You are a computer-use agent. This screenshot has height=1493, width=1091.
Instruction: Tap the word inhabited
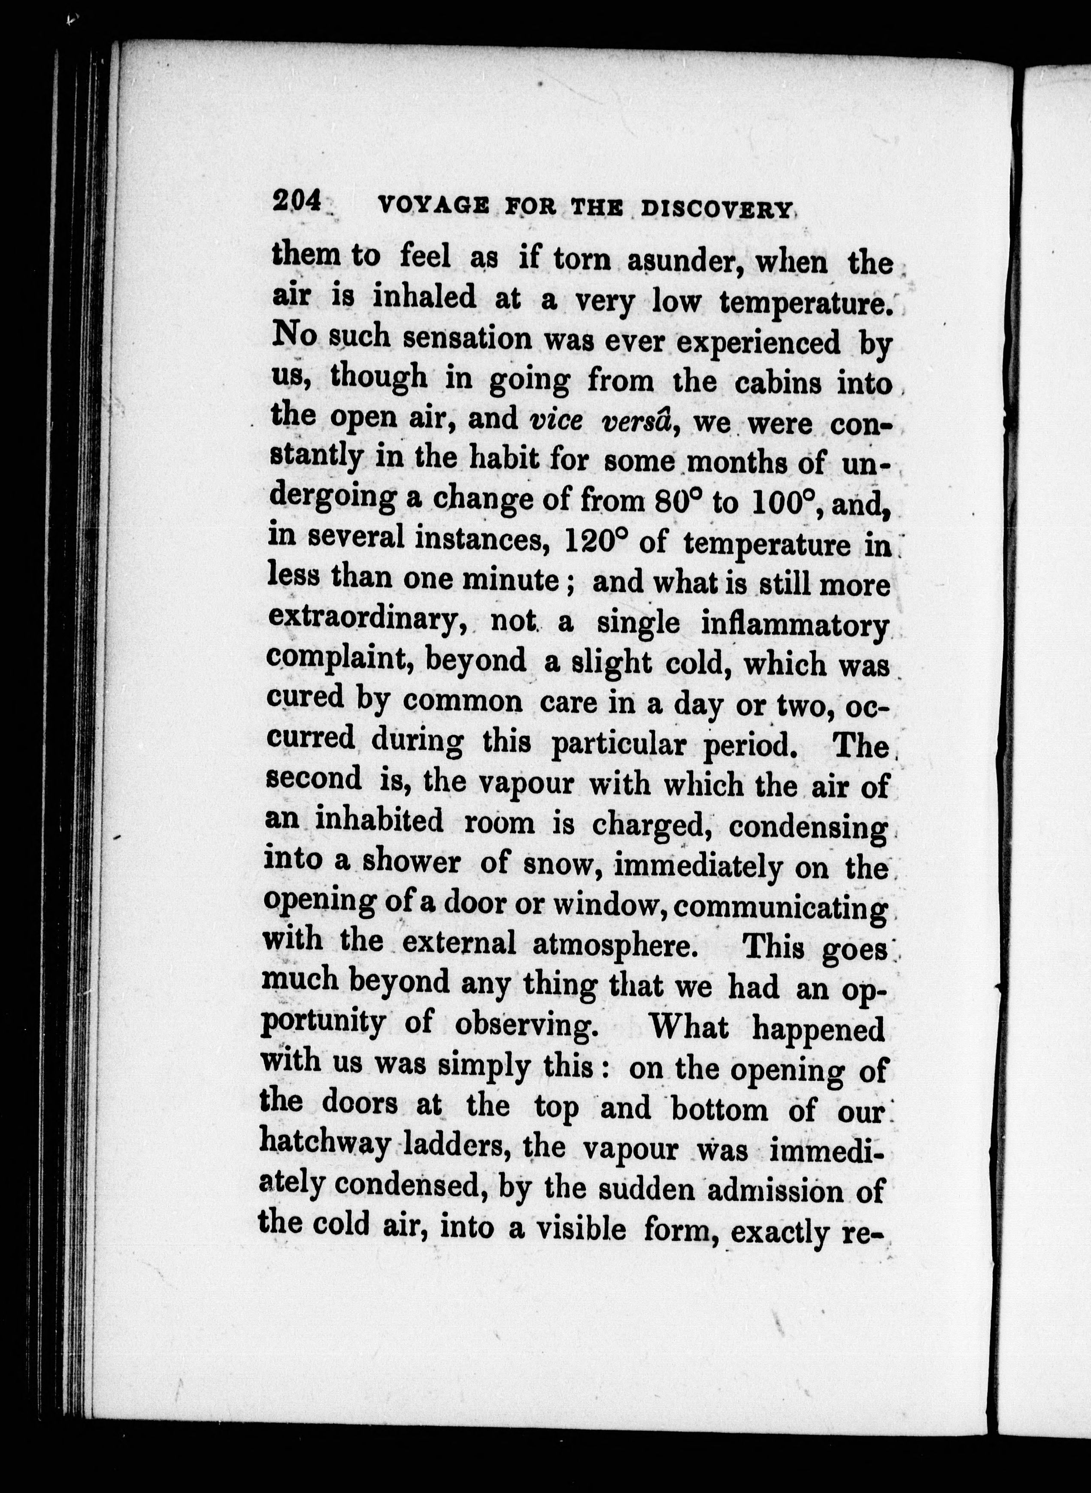coord(379,820)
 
